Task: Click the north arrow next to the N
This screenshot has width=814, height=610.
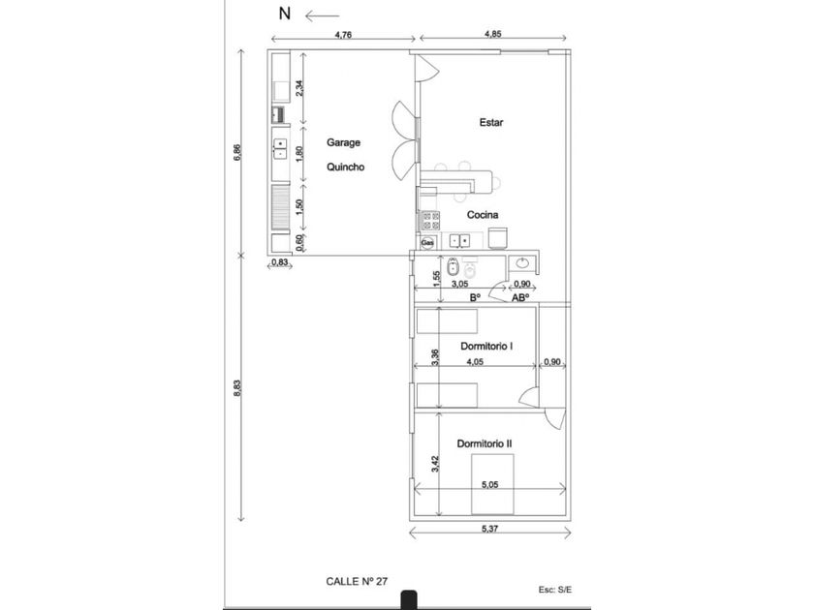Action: (x=321, y=15)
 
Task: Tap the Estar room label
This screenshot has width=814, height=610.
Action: (x=492, y=123)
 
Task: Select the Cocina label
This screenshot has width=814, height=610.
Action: (x=483, y=214)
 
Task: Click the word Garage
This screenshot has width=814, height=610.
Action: (x=343, y=142)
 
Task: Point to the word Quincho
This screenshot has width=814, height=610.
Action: (x=345, y=167)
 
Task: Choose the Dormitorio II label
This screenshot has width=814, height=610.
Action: (x=485, y=443)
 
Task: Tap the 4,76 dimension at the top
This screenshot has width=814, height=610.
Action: (x=342, y=36)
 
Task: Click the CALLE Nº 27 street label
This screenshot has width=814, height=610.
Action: (x=358, y=581)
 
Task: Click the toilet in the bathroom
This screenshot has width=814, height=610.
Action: (x=453, y=267)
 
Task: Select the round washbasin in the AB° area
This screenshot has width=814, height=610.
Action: (x=523, y=263)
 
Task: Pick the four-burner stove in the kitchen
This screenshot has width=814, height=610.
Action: (x=428, y=220)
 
